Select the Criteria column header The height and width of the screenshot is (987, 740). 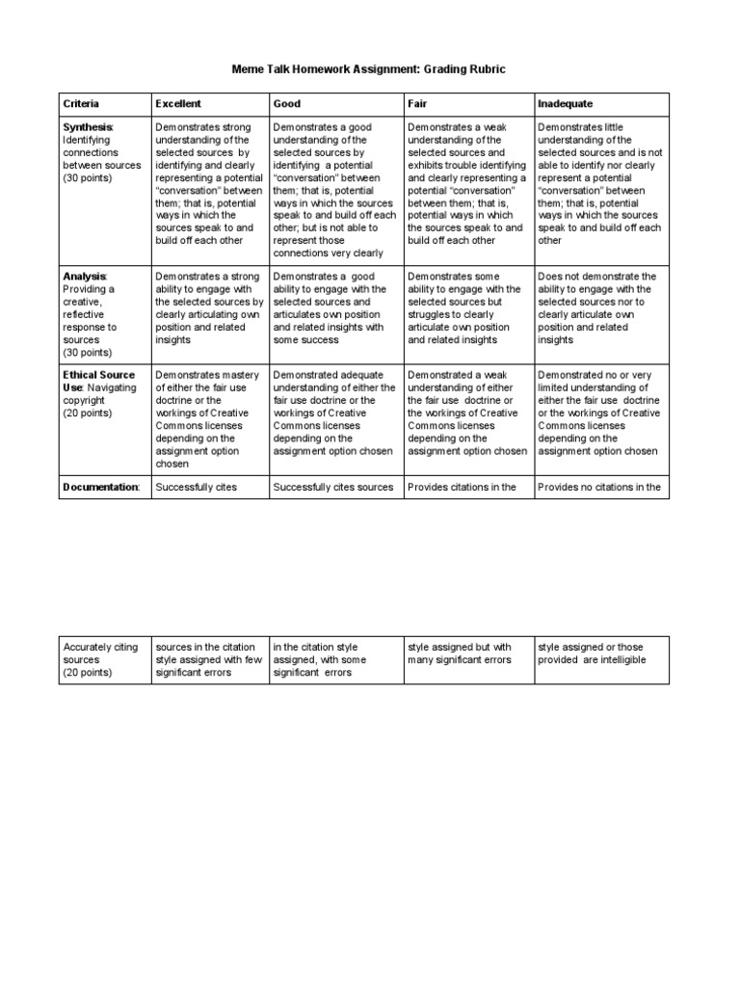coord(81,103)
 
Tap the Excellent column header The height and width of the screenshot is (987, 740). coord(178,103)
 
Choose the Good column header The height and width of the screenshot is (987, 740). coord(286,103)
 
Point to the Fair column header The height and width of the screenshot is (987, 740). coord(417,103)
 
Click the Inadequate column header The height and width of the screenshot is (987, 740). coord(566,103)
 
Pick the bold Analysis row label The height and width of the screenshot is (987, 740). coord(85,277)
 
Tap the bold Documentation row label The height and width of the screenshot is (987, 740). coord(100,488)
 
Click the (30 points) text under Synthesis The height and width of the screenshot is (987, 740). coord(88,178)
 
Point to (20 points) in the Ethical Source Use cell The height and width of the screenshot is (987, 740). coord(88,413)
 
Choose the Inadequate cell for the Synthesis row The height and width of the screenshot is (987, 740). coord(600,184)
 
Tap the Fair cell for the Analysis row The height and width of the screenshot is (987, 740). coord(467,308)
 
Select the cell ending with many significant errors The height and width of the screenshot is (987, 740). coord(467,654)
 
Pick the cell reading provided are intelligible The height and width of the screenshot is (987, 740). coord(600,654)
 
